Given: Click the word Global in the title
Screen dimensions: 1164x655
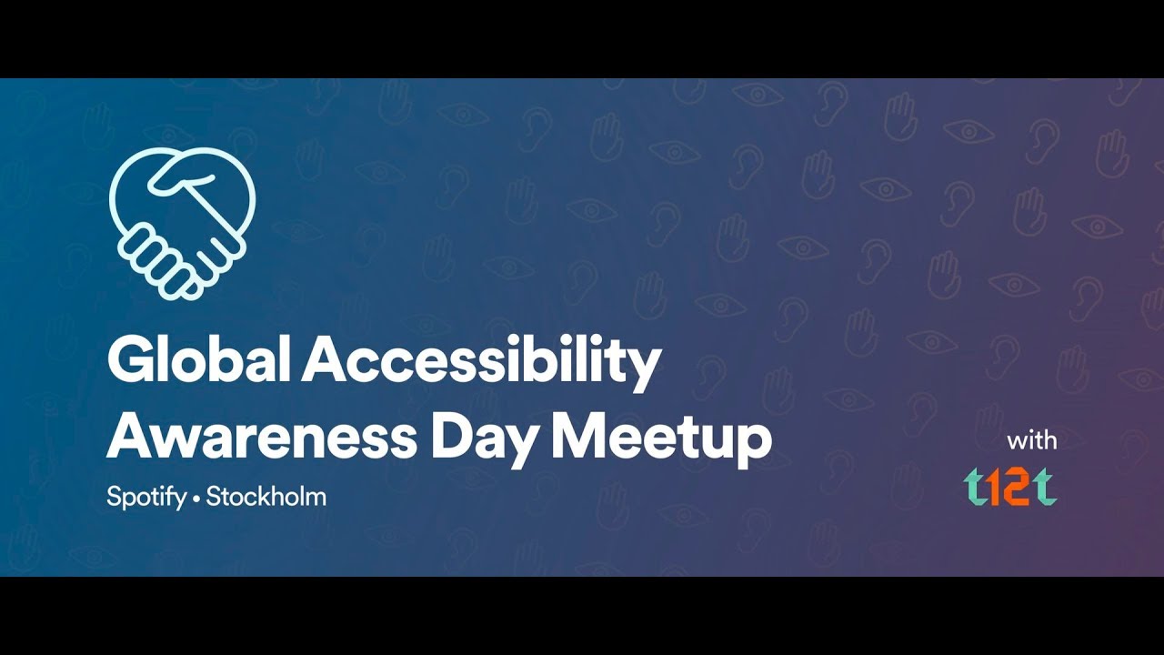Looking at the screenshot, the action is tap(198, 358).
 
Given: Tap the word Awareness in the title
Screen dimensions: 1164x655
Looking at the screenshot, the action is tap(262, 438).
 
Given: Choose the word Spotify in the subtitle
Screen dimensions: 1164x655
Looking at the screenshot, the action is tap(146, 497).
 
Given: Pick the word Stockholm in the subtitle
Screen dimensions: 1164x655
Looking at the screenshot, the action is tap(266, 496).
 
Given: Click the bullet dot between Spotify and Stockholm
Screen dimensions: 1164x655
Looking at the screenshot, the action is tap(196, 500).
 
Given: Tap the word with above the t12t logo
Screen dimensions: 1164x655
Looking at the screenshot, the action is tap(1031, 441).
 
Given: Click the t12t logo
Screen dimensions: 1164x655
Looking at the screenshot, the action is tap(1010, 487).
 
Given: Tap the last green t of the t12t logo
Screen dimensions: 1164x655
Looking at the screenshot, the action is tap(1044, 487).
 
